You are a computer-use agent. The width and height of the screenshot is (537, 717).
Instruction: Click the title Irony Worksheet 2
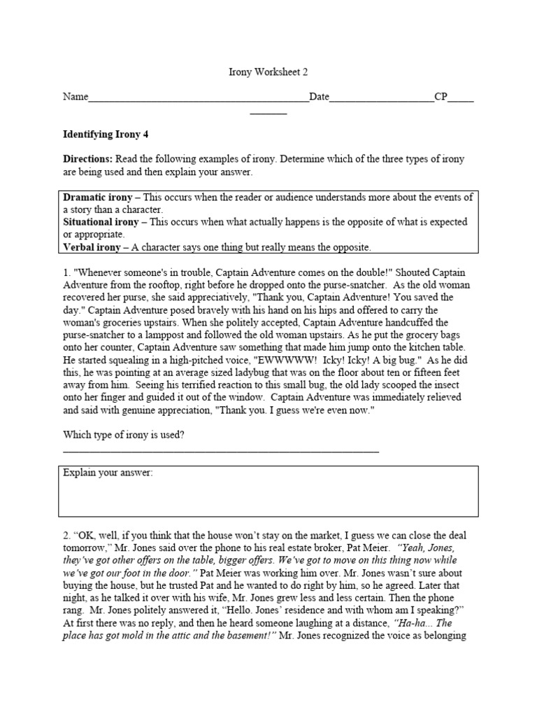(x=268, y=71)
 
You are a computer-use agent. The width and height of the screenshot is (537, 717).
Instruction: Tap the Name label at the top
(x=76, y=97)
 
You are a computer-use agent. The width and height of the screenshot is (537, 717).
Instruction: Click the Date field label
(x=319, y=97)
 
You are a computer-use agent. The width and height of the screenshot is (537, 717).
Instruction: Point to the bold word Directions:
(x=87, y=160)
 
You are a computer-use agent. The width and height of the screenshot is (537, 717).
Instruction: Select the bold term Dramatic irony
(x=98, y=197)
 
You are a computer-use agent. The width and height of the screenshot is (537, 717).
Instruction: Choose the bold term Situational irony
(x=101, y=222)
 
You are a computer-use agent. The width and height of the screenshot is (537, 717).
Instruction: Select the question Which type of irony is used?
(x=124, y=435)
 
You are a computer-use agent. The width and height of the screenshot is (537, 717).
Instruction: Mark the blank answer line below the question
(x=221, y=452)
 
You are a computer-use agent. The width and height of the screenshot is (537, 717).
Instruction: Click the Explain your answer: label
(x=108, y=473)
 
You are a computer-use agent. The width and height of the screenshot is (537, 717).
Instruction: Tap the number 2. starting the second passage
(x=67, y=536)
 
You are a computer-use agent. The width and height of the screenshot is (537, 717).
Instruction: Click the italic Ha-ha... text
(x=413, y=623)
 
